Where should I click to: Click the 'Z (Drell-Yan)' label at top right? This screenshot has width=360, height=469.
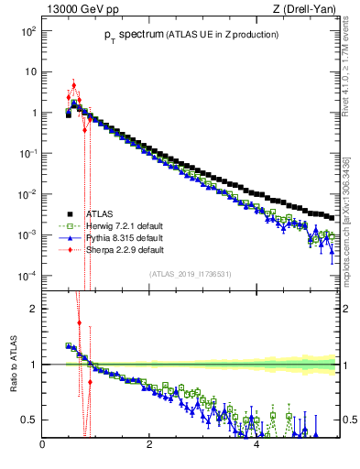(x=303, y=10)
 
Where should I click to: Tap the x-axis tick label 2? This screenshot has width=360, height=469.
(x=149, y=446)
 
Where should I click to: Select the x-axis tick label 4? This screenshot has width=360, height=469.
(x=256, y=446)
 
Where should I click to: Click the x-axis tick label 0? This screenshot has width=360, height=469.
(x=43, y=446)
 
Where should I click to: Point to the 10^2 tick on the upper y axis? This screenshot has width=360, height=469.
(x=27, y=30)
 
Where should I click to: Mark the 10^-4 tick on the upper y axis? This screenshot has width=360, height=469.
(x=27, y=276)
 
